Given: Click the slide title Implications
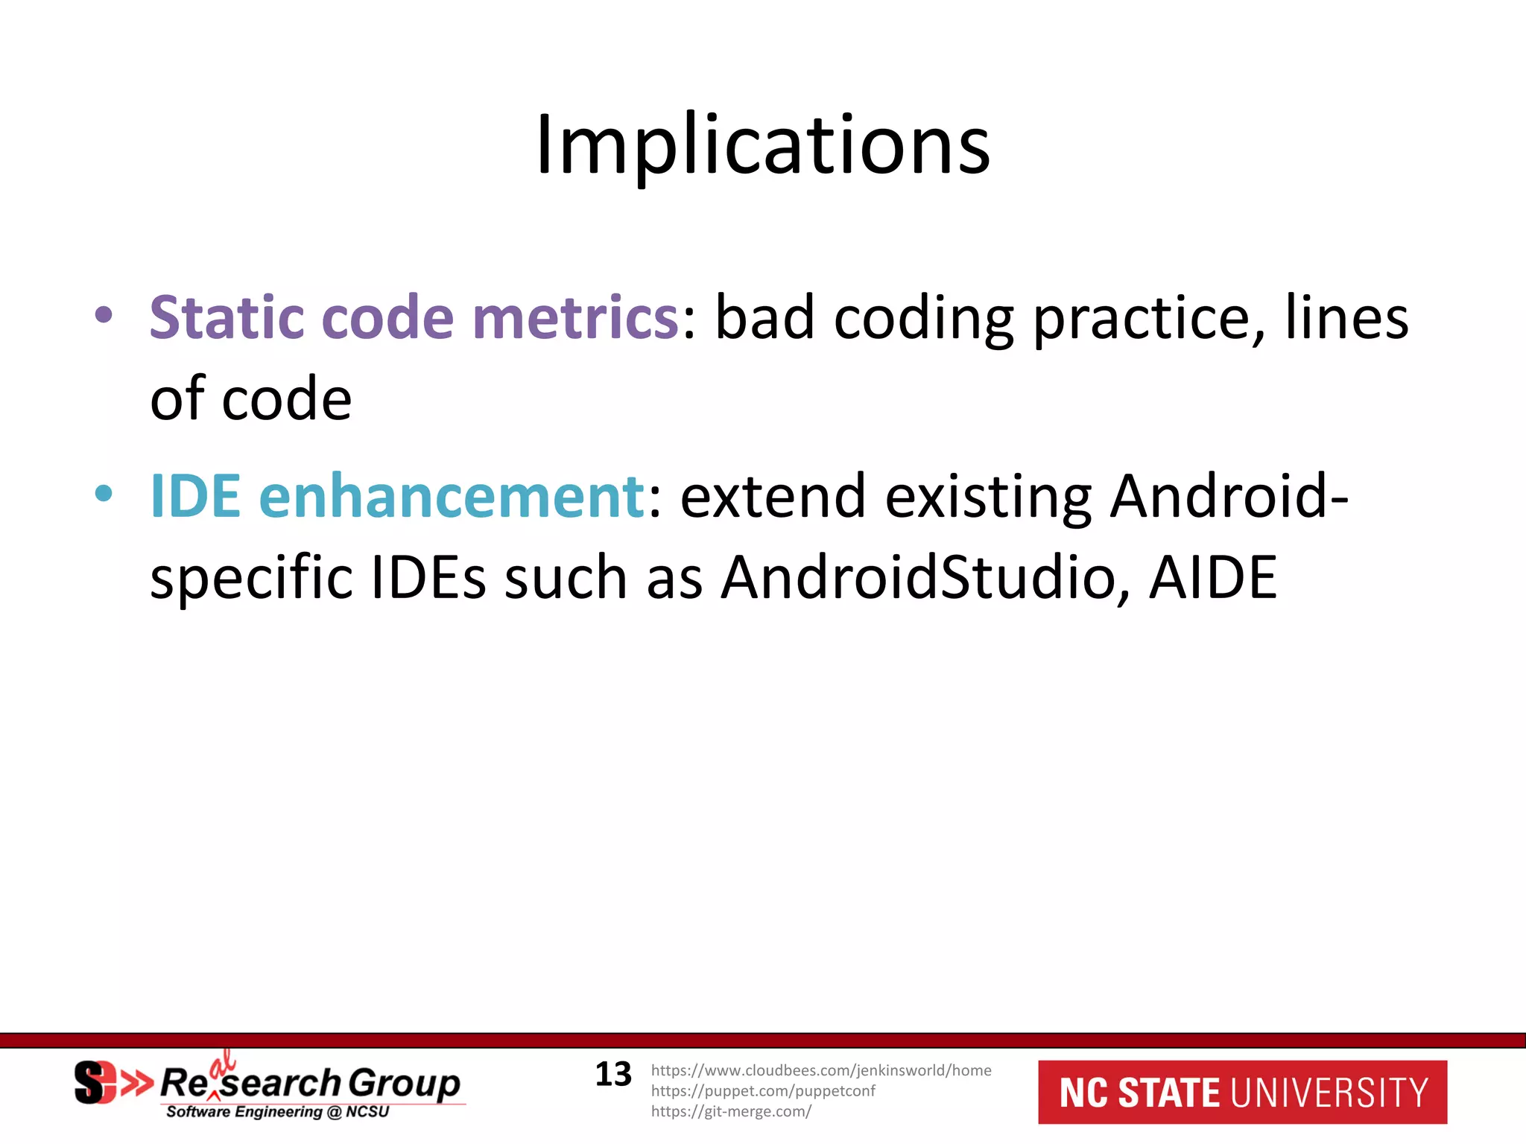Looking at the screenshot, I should tap(763, 144).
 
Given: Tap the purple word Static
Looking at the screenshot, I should tap(227, 317).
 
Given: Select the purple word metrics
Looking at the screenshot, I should tap(574, 317).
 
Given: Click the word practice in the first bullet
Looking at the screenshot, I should tap(1148, 319).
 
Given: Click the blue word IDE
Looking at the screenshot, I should tap(195, 496).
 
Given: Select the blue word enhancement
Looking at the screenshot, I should tap(452, 496).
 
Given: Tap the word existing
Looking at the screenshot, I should tap(988, 498).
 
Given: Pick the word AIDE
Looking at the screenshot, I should tap(1213, 578).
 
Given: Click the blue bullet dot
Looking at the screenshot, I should tap(104, 493).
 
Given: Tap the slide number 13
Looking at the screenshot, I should tap(613, 1075).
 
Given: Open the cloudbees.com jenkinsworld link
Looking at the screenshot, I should tap(821, 1070).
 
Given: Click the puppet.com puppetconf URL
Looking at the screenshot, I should tap(763, 1091).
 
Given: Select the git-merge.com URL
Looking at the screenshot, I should tap(731, 1111).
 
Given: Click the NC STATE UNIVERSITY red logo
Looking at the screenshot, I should tap(1242, 1092).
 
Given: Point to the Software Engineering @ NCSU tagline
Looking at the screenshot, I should tap(277, 1112).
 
